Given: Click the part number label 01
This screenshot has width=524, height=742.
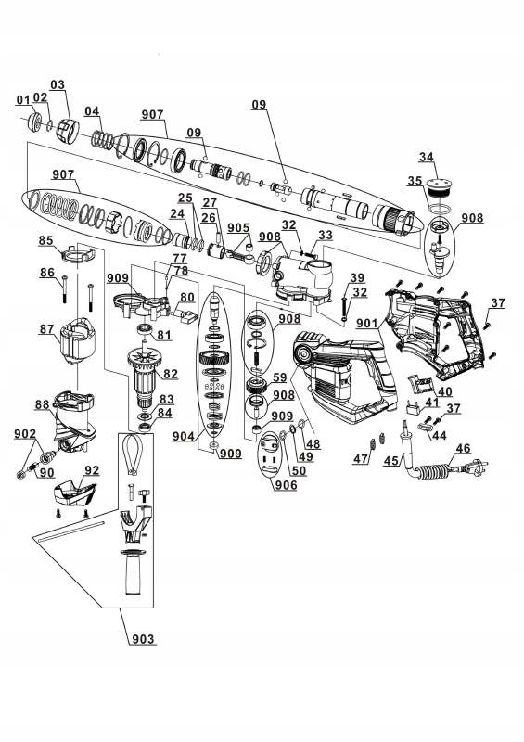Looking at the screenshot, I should click(x=21, y=100).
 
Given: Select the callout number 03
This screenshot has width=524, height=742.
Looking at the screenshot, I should click(x=58, y=85).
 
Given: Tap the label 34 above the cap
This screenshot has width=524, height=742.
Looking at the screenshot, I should click(x=427, y=156).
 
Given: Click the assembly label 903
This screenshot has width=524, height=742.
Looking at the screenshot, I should click(x=143, y=640).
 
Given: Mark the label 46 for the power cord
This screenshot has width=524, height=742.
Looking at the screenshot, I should click(x=461, y=447).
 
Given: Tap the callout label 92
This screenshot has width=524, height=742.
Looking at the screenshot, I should click(x=91, y=469).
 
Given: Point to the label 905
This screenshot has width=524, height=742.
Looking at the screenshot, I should click(x=238, y=227).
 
